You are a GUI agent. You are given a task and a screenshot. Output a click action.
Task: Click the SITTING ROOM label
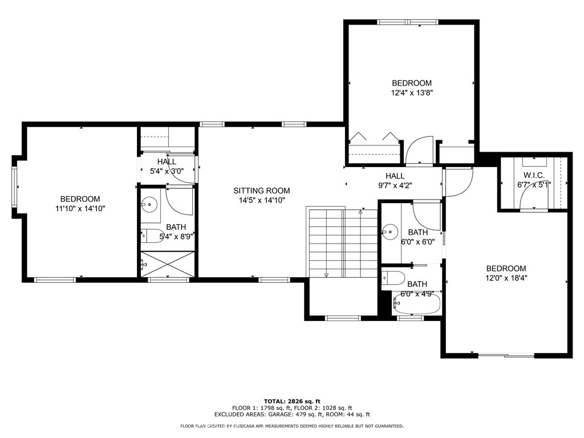(x=261, y=190)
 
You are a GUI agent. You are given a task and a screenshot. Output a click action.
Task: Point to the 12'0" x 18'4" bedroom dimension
(x=506, y=278)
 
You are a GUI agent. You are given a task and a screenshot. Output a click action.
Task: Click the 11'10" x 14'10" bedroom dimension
(x=80, y=209)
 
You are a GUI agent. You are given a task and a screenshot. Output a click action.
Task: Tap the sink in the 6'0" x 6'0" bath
(x=390, y=232)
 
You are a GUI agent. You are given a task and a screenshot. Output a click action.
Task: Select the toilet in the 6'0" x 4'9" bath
(x=394, y=279)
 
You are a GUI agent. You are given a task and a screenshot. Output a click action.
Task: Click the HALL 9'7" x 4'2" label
(x=395, y=181)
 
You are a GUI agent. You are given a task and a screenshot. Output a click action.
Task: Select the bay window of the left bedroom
(x=15, y=187)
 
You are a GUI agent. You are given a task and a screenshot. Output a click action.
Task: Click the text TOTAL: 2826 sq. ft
(x=292, y=401)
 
